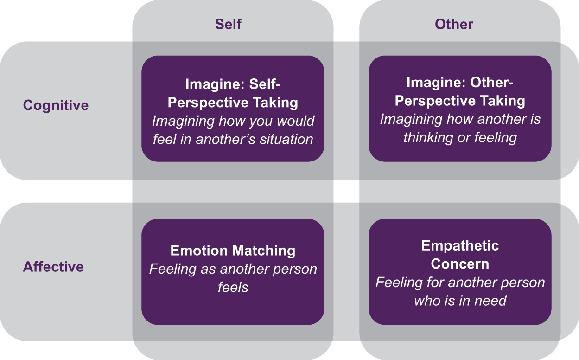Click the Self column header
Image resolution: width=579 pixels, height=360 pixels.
pos(228,25)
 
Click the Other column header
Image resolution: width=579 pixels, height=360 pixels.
pos(454,25)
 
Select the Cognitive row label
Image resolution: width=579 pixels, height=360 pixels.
pos(56,105)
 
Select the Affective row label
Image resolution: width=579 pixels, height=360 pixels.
pos(53,267)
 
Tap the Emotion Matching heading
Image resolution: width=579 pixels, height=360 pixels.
pos(233,251)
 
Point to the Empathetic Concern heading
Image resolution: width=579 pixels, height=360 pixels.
pos(460,254)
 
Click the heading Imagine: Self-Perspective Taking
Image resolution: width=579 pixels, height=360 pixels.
pos(233,93)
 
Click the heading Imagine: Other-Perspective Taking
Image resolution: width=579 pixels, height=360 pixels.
pos(460,91)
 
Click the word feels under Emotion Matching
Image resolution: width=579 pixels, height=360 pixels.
pos(233,287)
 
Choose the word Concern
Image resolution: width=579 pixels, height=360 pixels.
pos(460,264)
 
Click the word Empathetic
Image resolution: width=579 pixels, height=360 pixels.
pos(460,245)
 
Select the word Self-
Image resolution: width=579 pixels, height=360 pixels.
pos(266,84)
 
